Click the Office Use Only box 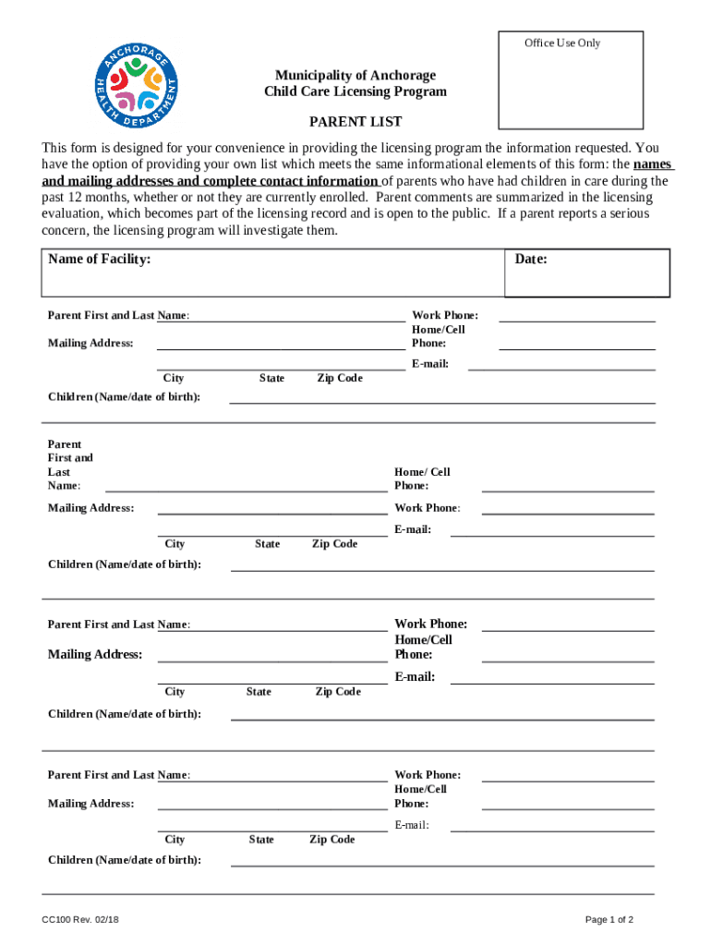[x=571, y=80]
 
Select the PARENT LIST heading [x=355, y=122]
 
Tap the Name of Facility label [x=100, y=260]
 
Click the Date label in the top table [x=531, y=260]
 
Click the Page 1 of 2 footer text [x=609, y=920]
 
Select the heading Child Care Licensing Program [x=355, y=91]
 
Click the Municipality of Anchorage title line [x=355, y=75]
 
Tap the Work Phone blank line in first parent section [x=577, y=320]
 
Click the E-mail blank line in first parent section [x=561, y=368]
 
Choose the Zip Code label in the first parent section [x=340, y=378]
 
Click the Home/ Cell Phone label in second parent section [x=422, y=479]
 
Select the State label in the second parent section [x=268, y=544]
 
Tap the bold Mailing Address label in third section [x=95, y=655]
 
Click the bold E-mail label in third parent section [x=415, y=677]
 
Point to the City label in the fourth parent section [x=175, y=840]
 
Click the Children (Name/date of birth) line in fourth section [x=442, y=865]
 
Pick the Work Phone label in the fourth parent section [x=428, y=775]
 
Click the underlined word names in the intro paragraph [x=653, y=164]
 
